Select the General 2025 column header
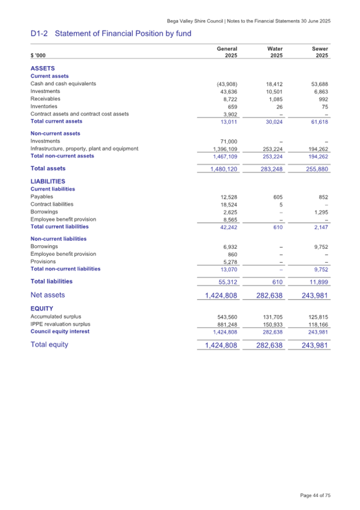(x=227, y=52)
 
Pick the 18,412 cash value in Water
(x=273, y=84)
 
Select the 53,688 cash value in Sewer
(x=318, y=84)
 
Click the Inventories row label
(x=45, y=106)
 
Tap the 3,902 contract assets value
(x=228, y=114)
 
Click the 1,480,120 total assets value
(x=220, y=169)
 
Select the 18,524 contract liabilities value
(x=228, y=205)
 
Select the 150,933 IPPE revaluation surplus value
(x=271, y=324)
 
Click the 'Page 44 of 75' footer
(x=315, y=495)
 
